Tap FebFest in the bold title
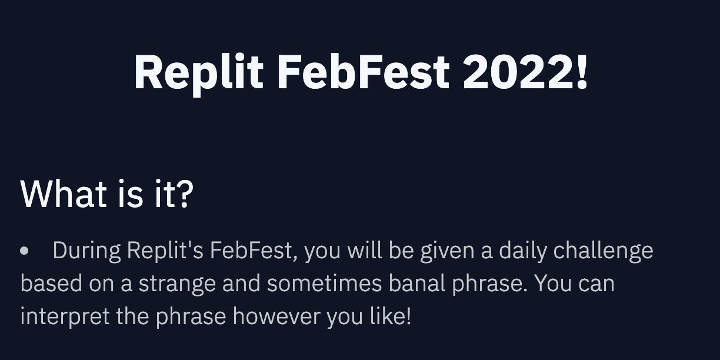click(363, 71)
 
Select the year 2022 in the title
click(518, 71)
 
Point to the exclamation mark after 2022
click(582, 71)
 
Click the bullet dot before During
click(24, 251)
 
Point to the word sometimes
click(324, 283)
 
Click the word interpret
click(65, 316)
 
